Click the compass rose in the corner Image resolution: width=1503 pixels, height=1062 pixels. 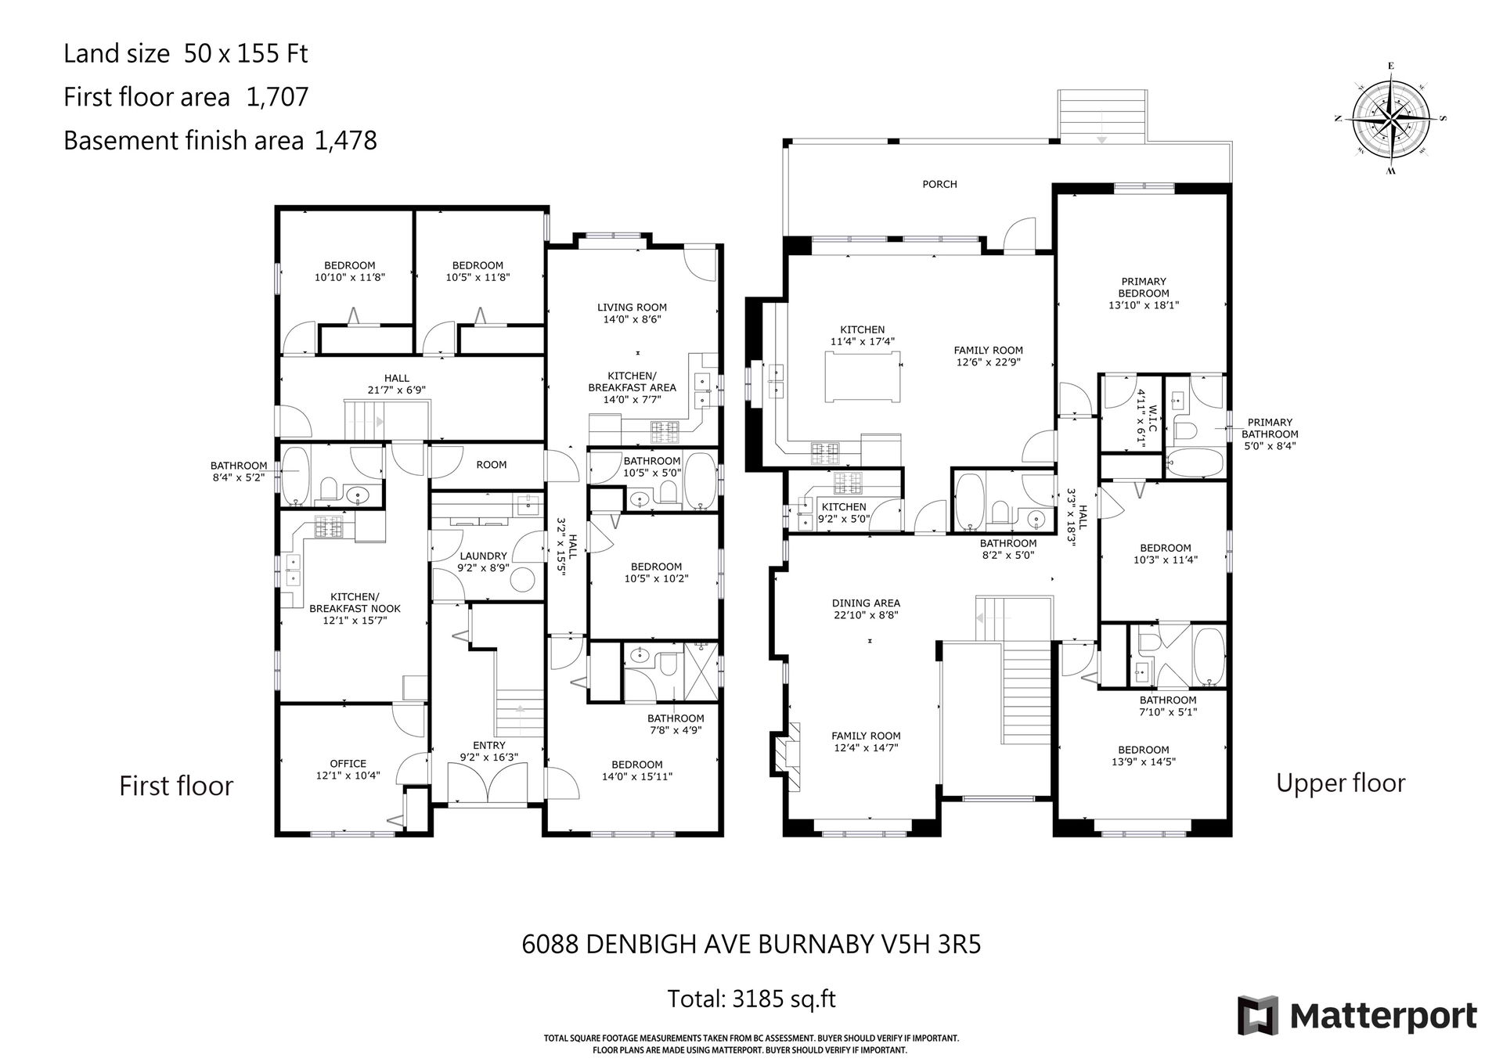1390,118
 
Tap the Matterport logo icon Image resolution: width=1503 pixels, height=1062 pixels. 1257,1016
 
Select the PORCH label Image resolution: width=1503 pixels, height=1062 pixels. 939,184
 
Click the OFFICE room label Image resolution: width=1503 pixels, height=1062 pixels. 348,764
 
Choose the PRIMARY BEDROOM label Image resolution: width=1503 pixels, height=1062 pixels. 1144,287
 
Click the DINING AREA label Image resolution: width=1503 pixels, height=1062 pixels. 866,603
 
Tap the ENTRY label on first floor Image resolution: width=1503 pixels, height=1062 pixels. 489,745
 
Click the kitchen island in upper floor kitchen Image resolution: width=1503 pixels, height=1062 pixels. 862,376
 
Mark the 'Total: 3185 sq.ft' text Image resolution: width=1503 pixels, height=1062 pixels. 751,999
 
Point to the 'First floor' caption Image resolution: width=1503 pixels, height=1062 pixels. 176,786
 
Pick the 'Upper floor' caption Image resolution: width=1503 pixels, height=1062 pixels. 1340,783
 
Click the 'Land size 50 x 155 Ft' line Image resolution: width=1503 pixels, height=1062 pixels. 186,53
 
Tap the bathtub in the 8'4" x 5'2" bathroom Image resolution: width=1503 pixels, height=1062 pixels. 296,476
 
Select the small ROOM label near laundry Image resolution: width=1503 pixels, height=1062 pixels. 492,465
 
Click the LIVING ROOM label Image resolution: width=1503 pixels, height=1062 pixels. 632,308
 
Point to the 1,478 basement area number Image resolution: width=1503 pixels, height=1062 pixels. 345,141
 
